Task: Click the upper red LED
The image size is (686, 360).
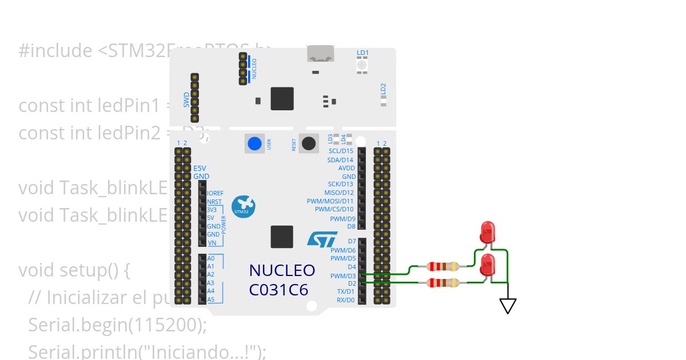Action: [x=488, y=232]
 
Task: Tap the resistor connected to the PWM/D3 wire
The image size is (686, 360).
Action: [x=443, y=266]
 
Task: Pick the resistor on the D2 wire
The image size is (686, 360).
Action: [x=443, y=282]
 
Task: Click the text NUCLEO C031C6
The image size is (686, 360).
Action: [x=282, y=280]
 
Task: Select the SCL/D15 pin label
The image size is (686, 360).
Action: [x=341, y=151]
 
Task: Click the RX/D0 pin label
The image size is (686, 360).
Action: [x=345, y=299]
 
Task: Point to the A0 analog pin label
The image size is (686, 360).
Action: [x=211, y=258]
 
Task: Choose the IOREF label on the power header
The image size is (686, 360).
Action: [x=216, y=193]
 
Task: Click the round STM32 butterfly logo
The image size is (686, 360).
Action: [x=242, y=206]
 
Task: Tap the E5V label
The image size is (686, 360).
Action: [x=200, y=169]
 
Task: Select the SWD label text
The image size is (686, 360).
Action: [x=186, y=101]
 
